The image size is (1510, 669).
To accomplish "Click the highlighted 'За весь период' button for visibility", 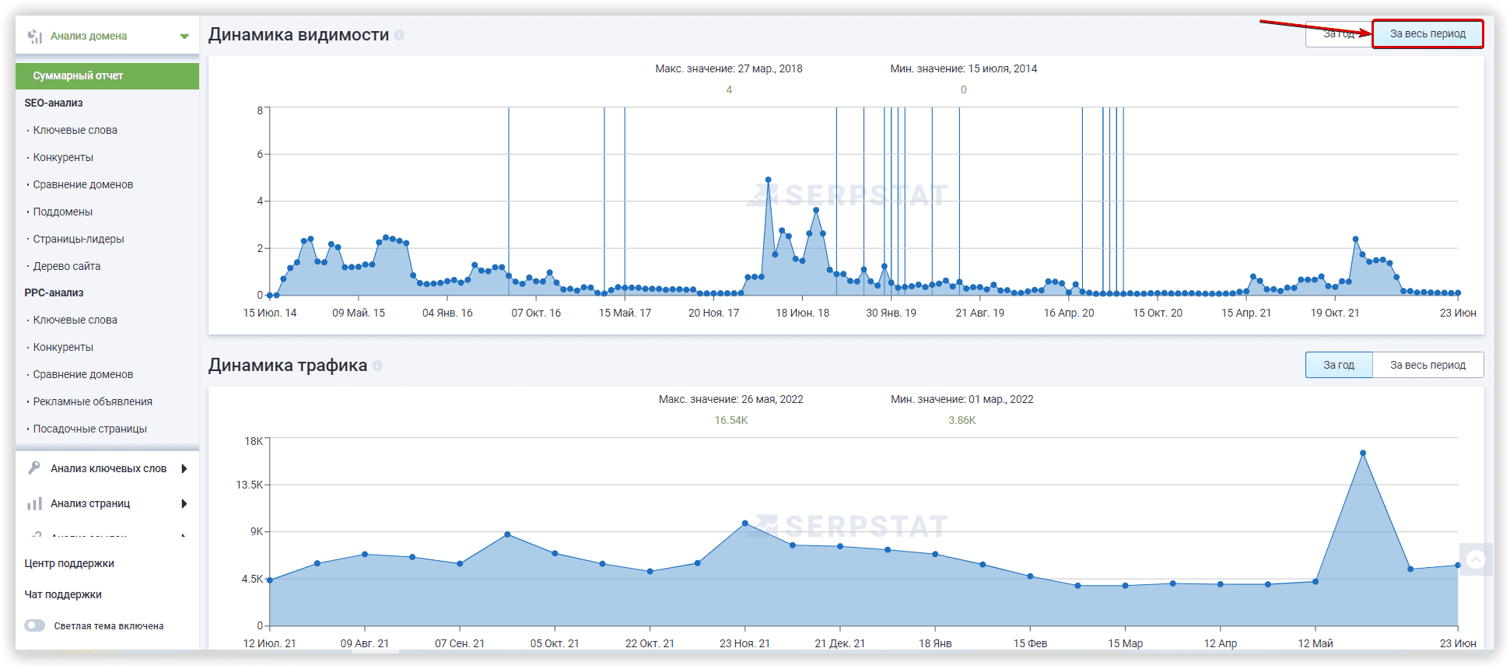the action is pos(1428,34).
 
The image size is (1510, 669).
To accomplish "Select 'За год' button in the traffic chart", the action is pos(1339,365).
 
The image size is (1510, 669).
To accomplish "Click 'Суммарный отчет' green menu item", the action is pos(107,75).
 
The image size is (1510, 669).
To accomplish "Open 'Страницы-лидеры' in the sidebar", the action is pos(79,239).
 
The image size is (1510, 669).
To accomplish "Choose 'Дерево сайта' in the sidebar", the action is pos(67,266).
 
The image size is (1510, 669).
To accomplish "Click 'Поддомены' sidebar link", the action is pos(63,212).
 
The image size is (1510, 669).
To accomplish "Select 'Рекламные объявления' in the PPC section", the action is pos(93,401).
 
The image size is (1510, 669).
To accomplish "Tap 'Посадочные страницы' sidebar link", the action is pos(90,429).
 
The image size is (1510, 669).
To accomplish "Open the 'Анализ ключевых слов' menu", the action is pos(108,468).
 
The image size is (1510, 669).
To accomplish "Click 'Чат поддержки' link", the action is pos(63,594).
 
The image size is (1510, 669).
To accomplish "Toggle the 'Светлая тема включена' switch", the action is pos(35,625).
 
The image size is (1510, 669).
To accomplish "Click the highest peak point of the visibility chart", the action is pos(769,180).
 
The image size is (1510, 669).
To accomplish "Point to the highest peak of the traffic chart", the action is pos(1363,453).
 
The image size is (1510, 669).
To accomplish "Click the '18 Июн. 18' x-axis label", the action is pos(802,313).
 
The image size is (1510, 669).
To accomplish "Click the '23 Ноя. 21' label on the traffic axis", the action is pos(744,643).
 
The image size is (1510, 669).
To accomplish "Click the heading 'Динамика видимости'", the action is pos(299,35).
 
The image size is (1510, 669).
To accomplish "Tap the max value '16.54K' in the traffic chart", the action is pos(731,420).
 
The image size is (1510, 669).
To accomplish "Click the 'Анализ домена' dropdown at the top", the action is pos(107,36).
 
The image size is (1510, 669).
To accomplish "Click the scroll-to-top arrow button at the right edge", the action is pos(1476,559).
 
